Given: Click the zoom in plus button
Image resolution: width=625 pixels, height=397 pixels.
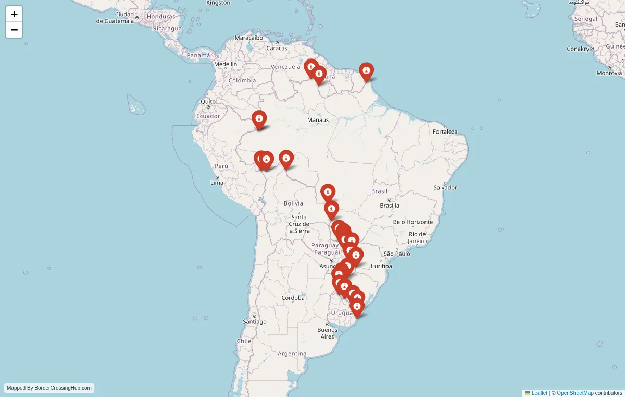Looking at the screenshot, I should pyautogui.click(x=14, y=14).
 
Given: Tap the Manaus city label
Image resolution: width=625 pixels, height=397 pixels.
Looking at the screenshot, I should pyautogui.click(x=318, y=120).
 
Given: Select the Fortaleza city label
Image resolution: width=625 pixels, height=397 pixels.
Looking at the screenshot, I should pyautogui.click(x=445, y=131).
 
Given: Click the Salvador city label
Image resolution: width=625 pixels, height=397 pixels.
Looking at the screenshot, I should pyautogui.click(x=445, y=187).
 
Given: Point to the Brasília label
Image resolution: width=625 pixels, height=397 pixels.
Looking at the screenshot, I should pyautogui.click(x=390, y=205).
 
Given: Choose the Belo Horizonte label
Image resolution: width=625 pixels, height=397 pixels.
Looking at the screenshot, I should pyautogui.click(x=413, y=222).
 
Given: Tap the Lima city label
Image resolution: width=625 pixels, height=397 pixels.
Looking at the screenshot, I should pyautogui.click(x=217, y=183).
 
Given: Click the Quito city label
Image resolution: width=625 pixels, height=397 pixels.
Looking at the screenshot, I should pyautogui.click(x=208, y=102).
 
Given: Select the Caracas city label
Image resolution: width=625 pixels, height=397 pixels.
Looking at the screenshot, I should pyautogui.click(x=277, y=48).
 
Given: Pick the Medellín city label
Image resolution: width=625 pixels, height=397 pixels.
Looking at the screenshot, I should pyautogui.click(x=226, y=64).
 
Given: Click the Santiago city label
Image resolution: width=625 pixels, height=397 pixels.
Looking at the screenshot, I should pyautogui.click(x=254, y=322).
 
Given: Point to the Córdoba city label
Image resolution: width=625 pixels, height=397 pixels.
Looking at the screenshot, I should pyautogui.click(x=293, y=298).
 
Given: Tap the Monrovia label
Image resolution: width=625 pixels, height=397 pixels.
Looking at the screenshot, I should pyautogui.click(x=609, y=73).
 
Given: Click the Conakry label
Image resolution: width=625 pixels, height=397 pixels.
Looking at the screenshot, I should pyautogui.click(x=578, y=49).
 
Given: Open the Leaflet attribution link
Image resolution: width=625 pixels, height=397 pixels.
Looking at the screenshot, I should pyautogui.click(x=539, y=393).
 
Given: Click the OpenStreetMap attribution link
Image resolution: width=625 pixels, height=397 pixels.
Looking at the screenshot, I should pyautogui.click(x=575, y=393).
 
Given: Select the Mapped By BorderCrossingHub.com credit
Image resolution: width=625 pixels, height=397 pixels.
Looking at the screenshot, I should pyautogui.click(x=49, y=388).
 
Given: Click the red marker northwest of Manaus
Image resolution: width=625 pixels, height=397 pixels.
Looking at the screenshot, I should pyautogui.click(x=259, y=119).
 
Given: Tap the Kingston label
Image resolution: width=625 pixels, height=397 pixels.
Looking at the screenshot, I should pyautogui.click(x=218, y=3).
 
